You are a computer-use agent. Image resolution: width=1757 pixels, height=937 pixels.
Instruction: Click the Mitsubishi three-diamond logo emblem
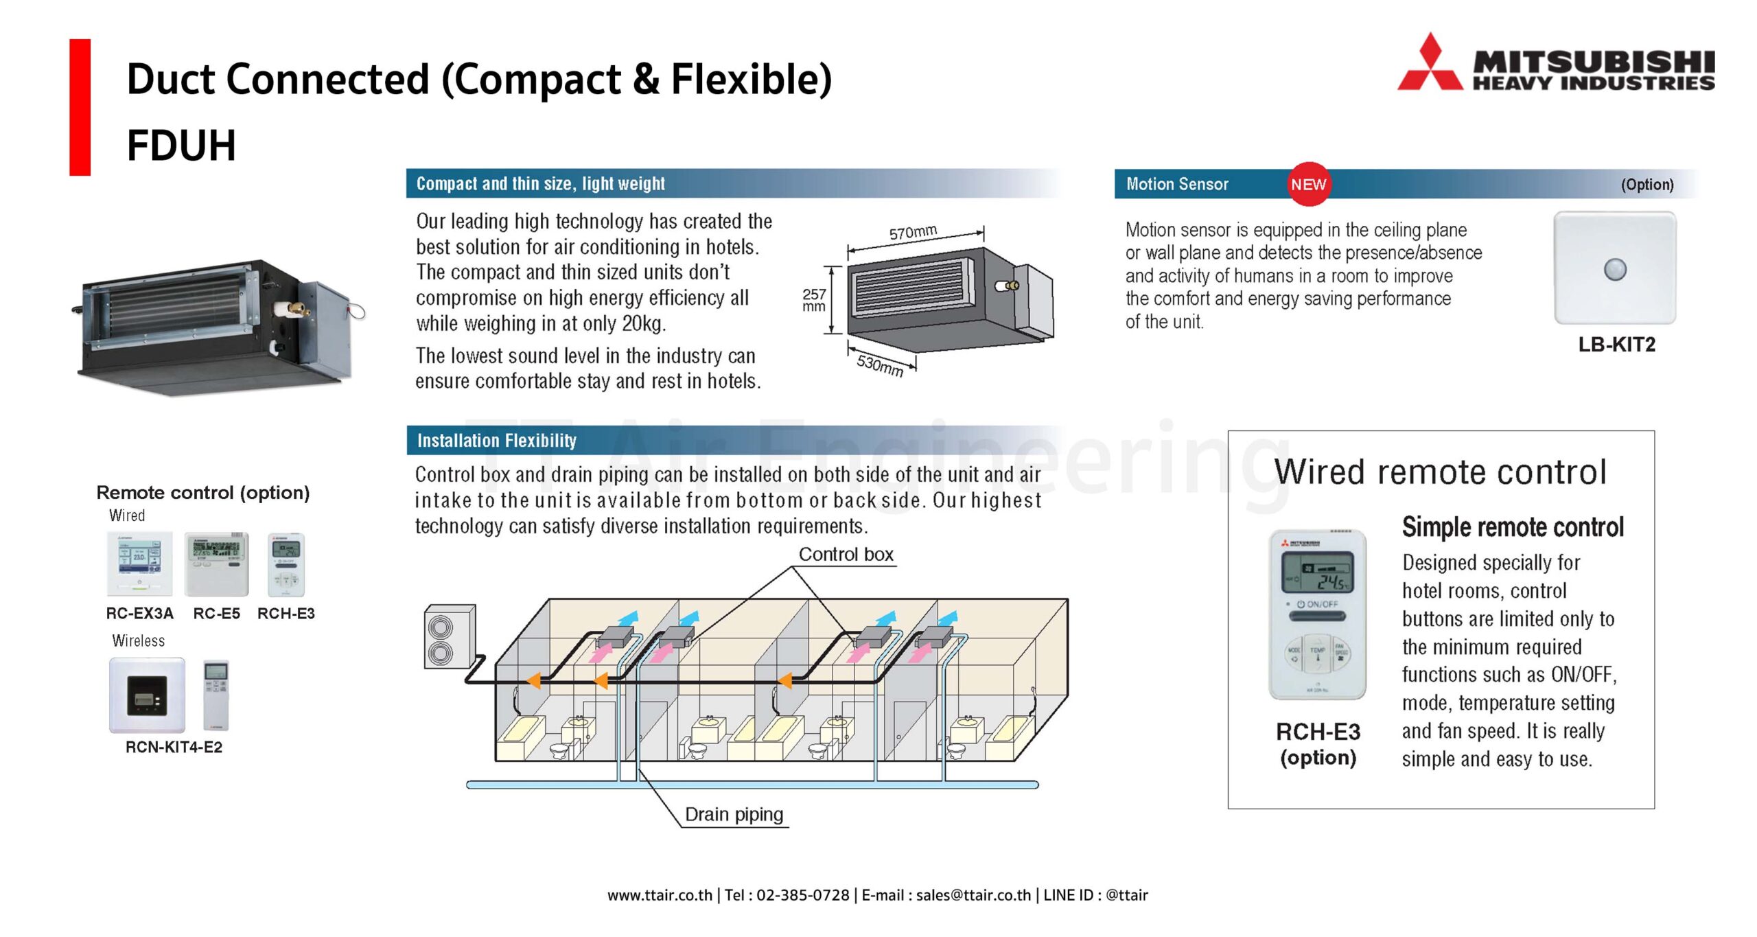pos(1430,65)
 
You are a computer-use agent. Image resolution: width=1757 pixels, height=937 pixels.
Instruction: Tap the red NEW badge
pos(1308,184)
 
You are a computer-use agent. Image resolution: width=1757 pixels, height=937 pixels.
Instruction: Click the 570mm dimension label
pos(913,232)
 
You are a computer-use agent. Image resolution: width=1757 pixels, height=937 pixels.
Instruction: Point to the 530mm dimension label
pos(880,365)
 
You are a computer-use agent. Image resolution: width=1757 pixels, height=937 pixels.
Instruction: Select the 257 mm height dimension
pos(814,300)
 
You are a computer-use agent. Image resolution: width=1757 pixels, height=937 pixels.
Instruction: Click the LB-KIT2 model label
pos(1616,345)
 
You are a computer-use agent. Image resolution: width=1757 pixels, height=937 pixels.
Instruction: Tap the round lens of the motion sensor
pos(1615,269)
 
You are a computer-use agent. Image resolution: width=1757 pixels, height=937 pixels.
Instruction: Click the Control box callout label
pos(846,555)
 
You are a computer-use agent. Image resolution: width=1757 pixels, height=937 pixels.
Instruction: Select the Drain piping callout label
pos(734,815)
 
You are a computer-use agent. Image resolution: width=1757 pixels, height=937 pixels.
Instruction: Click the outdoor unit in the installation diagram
pos(450,636)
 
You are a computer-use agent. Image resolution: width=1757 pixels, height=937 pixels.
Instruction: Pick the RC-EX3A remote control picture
pos(139,564)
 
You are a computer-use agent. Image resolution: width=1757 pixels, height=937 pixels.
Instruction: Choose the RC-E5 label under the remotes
pos(217,614)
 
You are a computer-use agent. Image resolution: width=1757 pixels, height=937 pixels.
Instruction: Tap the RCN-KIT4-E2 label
pos(174,748)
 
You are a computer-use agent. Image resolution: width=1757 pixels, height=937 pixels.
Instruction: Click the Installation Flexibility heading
pos(497,441)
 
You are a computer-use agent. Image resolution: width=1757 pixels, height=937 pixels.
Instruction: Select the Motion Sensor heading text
pos(1177,184)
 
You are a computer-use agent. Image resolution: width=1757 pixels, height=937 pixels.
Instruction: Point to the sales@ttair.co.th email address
pos(973,895)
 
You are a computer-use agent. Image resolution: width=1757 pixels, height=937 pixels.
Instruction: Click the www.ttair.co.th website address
pos(660,895)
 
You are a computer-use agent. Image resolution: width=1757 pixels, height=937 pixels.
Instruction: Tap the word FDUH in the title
pos(181,146)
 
